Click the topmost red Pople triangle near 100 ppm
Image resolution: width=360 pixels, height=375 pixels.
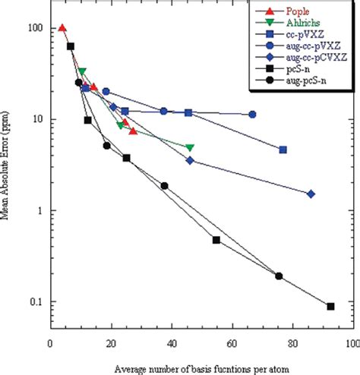pyautogui.click(x=62, y=28)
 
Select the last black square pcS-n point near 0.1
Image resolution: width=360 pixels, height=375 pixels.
pyautogui.click(x=330, y=307)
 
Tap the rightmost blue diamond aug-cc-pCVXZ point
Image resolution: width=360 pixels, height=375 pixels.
pyautogui.click(x=311, y=194)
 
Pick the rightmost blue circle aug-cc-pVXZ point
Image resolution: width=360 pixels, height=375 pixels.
pyautogui.click(x=252, y=115)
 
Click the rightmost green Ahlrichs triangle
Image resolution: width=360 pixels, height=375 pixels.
pyautogui.click(x=190, y=147)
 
